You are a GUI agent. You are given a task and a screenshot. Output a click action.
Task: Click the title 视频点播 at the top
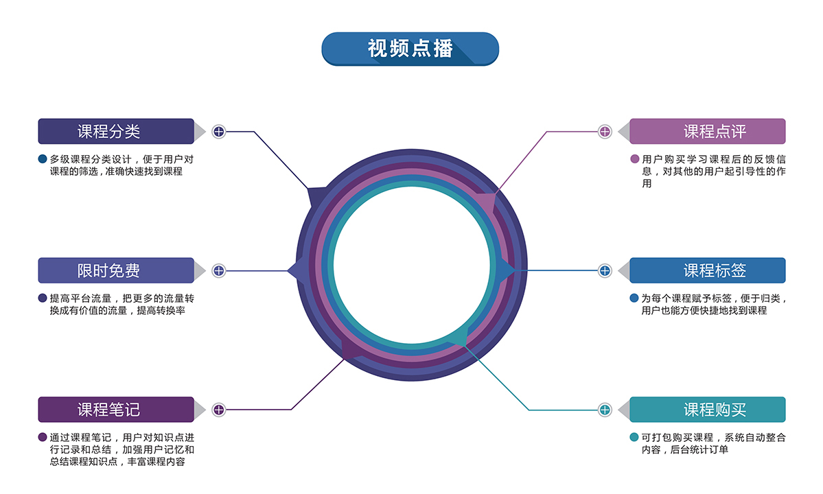(410, 49)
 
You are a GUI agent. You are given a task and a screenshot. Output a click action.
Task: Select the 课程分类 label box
(116, 131)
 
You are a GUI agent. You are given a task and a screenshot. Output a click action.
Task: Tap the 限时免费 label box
(116, 270)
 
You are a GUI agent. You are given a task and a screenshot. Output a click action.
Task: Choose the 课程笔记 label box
(116, 410)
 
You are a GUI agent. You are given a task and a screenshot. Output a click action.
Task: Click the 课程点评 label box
(707, 131)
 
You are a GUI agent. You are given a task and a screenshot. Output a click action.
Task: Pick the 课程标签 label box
(707, 270)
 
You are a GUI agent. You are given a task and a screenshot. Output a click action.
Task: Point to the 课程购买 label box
(707, 410)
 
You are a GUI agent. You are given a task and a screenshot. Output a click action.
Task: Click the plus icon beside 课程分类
(218, 131)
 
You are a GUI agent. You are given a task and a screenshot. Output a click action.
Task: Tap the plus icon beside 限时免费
(218, 270)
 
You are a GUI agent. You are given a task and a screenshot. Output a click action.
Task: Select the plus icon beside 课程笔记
(218, 410)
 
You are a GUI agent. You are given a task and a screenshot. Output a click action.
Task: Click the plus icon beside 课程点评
(605, 131)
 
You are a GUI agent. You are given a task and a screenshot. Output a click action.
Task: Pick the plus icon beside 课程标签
(605, 270)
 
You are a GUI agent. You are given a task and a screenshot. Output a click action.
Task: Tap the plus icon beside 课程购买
(605, 410)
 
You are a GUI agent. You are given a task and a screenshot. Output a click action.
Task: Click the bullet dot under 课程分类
(43, 159)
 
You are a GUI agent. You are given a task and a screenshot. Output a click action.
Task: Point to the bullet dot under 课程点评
(634, 159)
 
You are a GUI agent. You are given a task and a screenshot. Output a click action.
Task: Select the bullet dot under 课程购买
(634, 437)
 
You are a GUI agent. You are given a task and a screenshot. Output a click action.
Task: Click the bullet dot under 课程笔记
(43, 437)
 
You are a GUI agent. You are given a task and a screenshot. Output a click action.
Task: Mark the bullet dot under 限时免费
(43, 298)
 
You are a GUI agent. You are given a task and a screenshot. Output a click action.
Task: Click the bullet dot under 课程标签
(634, 298)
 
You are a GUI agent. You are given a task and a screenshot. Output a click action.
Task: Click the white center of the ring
(411, 265)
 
